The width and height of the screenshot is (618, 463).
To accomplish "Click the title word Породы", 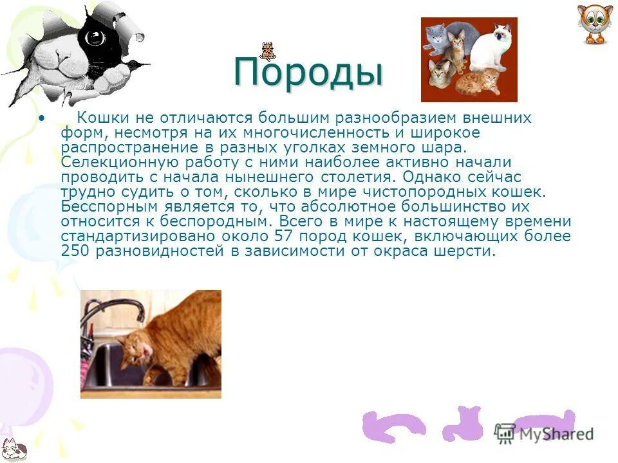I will pos(308,72).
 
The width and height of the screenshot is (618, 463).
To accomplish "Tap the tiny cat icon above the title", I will pos(267,51).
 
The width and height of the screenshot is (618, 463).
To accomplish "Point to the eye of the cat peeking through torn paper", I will pos(96,37).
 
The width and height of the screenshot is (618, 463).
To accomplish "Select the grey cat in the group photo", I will pos(436,40).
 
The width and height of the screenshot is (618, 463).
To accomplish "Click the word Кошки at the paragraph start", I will pos(99,118).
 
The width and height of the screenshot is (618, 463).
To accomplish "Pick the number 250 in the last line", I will pos(75,251).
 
